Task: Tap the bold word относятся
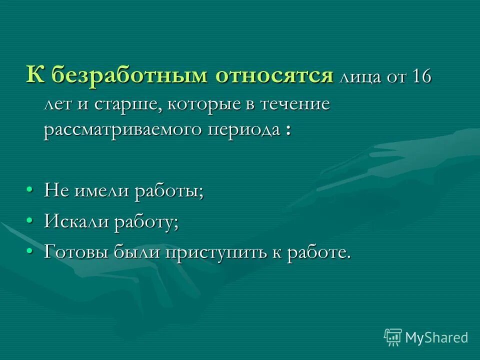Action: pos(274,76)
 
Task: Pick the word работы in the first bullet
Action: pos(169,192)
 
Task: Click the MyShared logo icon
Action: pos(392,337)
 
